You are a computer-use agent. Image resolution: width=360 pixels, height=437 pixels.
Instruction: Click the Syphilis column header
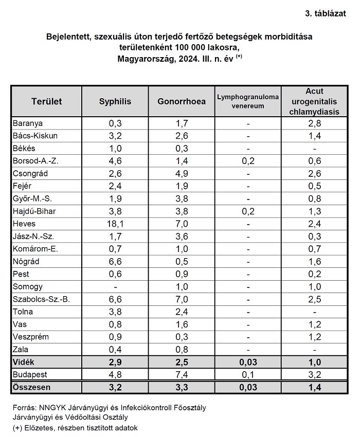[x=115, y=101]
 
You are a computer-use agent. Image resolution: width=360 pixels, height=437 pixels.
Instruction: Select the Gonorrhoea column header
[x=182, y=101]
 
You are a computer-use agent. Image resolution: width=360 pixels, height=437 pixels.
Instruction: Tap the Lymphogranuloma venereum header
[x=248, y=101]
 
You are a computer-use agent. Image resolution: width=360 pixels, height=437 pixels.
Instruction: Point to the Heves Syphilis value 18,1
[x=115, y=224]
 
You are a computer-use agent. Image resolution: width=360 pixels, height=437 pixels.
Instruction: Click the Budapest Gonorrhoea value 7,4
[x=182, y=375]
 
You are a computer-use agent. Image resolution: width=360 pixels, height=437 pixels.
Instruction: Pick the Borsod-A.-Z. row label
[x=35, y=161]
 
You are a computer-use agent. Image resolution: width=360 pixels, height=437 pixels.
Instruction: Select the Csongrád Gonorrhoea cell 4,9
[x=182, y=174]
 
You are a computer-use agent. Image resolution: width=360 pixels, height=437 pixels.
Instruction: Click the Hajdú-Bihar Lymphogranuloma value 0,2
[x=248, y=211]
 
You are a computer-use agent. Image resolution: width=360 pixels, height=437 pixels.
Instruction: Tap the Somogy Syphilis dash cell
[x=115, y=287]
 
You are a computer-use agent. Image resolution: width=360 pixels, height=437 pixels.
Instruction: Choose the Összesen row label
[x=31, y=388]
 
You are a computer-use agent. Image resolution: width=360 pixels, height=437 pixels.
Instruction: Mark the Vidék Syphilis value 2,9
[x=115, y=362]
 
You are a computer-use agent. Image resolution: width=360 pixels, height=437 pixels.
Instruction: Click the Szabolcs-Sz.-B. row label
[x=41, y=299]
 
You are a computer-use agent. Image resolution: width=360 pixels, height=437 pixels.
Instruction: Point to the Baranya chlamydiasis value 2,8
[x=315, y=123]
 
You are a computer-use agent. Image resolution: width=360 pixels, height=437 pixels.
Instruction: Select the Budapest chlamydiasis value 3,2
[x=315, y=375]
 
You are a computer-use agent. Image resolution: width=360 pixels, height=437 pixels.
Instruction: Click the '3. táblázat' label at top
[x=326, y=14]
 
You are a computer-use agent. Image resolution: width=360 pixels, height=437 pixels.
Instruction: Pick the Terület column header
[x=47, y=101]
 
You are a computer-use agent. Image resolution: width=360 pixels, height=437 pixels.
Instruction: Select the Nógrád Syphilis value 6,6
[x=115, y=261]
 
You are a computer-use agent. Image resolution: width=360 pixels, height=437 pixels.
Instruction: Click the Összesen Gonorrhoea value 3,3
[x=182, y=388]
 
